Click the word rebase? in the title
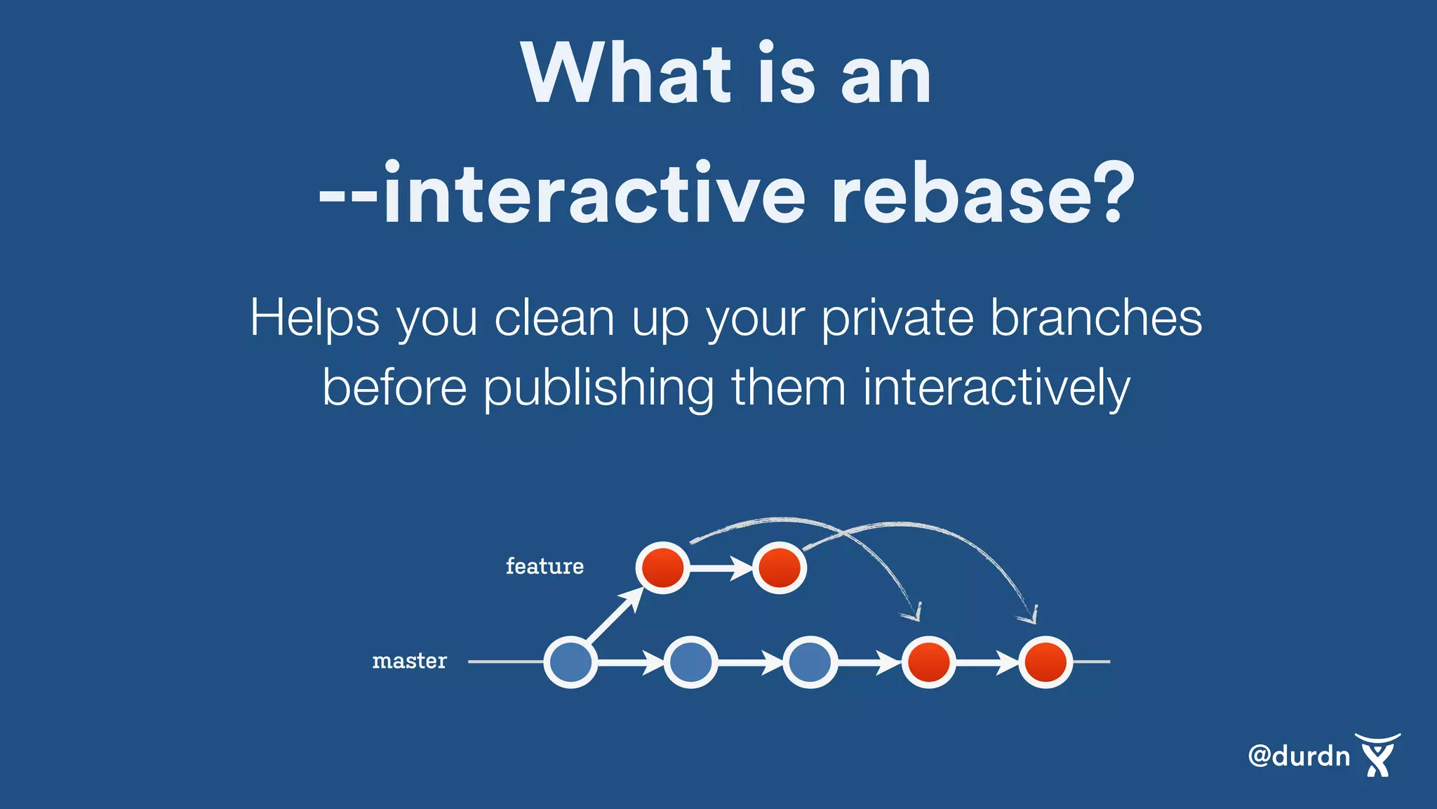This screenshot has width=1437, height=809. click(982, 193)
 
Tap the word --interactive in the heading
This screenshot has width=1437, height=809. click(561, 193)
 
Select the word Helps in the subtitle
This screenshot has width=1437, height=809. click(314, 319)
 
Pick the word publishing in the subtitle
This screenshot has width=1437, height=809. click(599, 388)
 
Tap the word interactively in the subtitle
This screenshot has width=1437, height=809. click(996, 388)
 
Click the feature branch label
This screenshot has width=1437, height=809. click(544, 566)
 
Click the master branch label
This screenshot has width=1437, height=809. click(409, 661)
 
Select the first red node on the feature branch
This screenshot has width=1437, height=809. click(662, 567)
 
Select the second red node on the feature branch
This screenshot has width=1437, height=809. click(779, 567)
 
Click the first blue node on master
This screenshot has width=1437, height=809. click(570, 662)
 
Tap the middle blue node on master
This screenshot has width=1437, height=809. click(690, 662)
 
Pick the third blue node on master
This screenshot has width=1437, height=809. click(810, 662)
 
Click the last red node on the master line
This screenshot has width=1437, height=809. click(1045, 662)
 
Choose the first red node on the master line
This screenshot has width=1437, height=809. click(928, 662)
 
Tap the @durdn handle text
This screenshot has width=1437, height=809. click(1299, 756)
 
